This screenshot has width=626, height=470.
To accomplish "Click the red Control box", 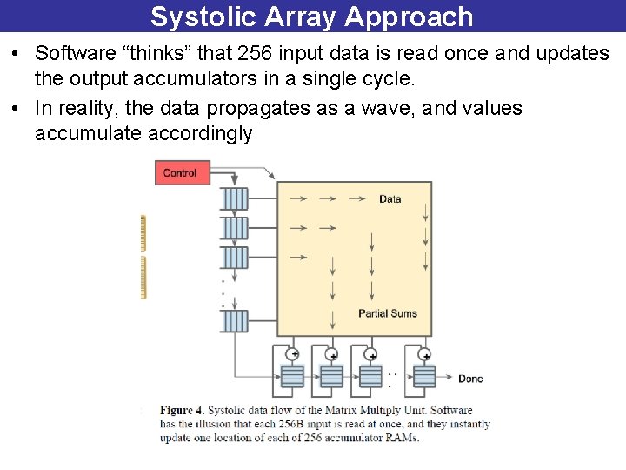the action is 180,172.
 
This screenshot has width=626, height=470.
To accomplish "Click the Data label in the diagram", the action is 390,199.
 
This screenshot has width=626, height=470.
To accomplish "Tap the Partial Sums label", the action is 388,313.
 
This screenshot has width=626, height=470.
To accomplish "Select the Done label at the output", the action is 470,379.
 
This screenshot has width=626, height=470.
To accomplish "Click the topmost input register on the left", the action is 235,199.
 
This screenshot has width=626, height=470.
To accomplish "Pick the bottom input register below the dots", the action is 235,321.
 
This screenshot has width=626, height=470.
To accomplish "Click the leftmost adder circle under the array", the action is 293,354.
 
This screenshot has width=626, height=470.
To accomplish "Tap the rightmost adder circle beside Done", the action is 426,355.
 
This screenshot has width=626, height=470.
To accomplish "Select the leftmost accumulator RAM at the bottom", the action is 292,376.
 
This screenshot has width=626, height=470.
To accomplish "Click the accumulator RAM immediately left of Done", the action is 424,376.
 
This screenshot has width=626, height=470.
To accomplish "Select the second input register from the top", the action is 235,228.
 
